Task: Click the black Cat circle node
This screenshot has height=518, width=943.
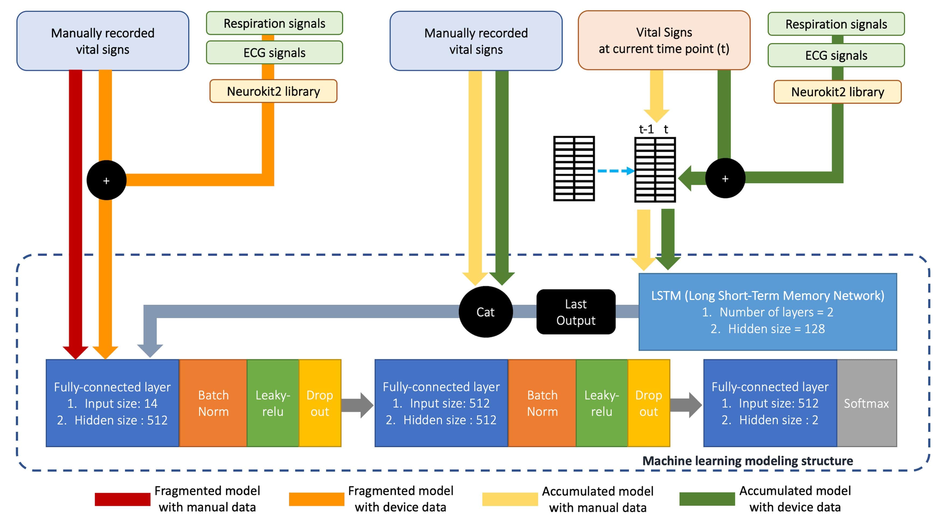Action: [x=486, y=312]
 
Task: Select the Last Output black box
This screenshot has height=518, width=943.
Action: [x=575, y=312]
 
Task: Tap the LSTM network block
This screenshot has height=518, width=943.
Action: [x=767, y=312]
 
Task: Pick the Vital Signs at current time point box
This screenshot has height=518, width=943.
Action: [x=664, y=40]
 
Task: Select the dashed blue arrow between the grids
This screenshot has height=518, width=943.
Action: [x=615, y=171]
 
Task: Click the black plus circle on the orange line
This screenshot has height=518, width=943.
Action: [x=106, y=180]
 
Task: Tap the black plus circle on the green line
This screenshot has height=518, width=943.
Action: [x=725, y=179]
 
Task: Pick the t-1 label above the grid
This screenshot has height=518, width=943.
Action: [x=646, y=129]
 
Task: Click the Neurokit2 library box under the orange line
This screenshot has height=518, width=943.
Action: [x=273, y=91]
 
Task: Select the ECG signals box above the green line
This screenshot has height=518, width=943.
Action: [x=836, y=55]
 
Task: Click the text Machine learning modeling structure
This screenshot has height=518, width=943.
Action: [x=747, y=461]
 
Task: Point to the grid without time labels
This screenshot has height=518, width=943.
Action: [x=574, y=169]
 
